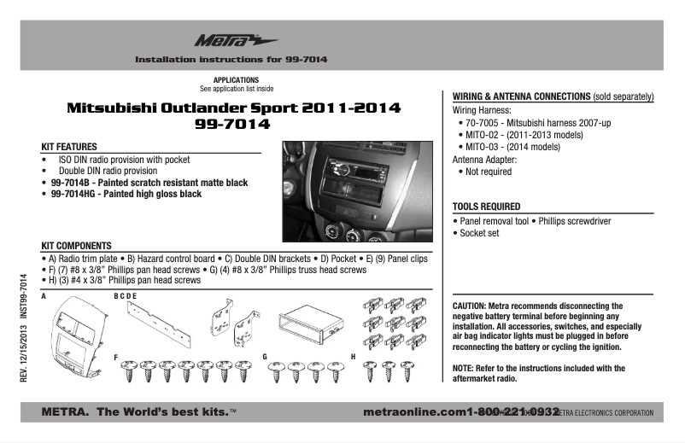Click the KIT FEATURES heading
coord(68,147)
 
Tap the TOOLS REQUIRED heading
coord(485,207)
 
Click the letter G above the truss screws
coord(265,355)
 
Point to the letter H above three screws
coord(353,355)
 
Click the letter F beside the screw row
coord(116,355)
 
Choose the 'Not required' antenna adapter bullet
coord(489,172)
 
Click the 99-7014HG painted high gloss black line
coord(126,195)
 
